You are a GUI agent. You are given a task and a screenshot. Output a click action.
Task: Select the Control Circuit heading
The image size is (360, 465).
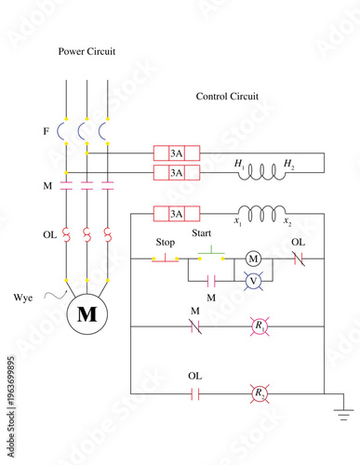point(227,96)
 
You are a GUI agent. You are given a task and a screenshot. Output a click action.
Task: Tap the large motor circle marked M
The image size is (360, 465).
point(87,314)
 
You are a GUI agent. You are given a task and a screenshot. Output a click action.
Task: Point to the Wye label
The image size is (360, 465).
point(25,297)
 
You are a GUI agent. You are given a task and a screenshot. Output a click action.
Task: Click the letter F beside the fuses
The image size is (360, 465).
point(46,132)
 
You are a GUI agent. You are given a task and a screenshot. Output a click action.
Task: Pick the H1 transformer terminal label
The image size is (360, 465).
point(240,165)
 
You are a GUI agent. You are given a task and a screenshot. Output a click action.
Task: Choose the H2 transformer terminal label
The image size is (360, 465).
point(289,165)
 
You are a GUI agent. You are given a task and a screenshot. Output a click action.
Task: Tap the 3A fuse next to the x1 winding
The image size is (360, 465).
point(176,214)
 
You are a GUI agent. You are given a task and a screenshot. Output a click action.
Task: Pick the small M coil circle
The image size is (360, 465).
point(253,259)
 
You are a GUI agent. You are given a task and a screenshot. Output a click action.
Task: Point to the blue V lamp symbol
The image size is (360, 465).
point(253,279)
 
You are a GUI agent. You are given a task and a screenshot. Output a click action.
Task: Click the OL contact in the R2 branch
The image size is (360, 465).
point(195,393)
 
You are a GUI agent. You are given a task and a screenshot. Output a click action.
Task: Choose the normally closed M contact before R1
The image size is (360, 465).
point(195,326)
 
